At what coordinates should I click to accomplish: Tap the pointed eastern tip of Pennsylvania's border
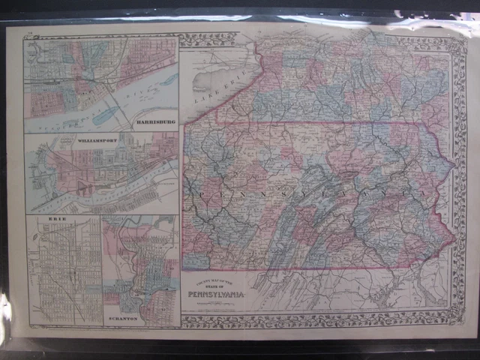pyautogui.click(x=456, y=238)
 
